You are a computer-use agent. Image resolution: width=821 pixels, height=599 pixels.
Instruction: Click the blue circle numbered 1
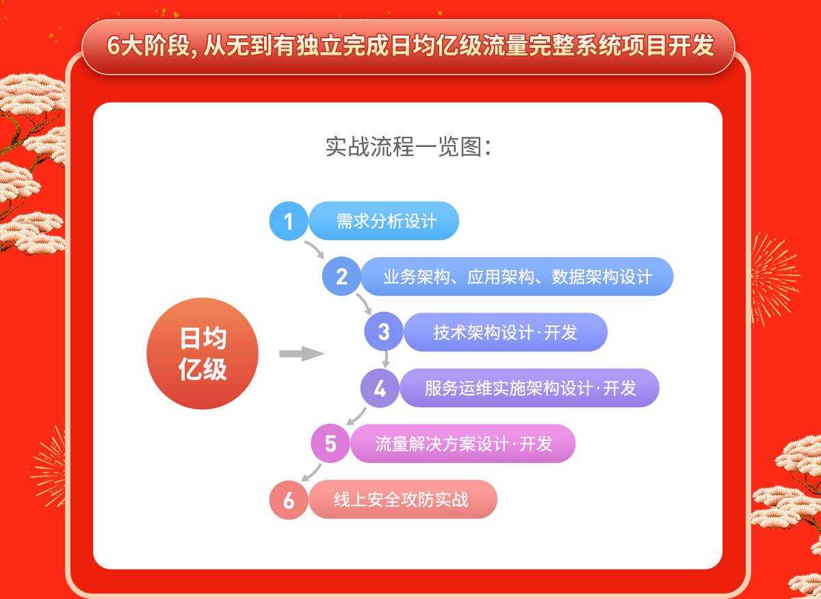tap(289, 221)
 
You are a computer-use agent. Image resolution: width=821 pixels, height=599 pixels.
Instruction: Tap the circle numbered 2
tap(341, 276)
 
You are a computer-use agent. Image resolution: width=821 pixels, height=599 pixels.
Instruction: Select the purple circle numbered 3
tap(384, 332)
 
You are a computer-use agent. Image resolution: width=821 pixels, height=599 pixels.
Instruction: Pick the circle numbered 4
tap(380, 388)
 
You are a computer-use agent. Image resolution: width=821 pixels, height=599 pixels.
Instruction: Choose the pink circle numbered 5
tap(330, 443)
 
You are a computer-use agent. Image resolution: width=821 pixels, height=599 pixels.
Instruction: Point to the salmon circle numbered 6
tap(289, 500)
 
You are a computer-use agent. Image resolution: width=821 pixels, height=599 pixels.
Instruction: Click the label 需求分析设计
tap(387, 222)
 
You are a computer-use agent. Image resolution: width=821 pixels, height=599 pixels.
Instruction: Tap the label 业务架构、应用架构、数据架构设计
tap(517, 277)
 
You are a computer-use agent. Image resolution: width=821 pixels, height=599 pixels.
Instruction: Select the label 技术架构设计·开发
tap(506, 332)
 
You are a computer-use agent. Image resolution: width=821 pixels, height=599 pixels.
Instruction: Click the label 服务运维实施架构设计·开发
tap(530, 388)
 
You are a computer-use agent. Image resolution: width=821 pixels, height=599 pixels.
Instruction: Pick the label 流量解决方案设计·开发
tap(463, 444)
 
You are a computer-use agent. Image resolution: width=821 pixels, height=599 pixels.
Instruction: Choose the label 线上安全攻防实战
tap(401, 499)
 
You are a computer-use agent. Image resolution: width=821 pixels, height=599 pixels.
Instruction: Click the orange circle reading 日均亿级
tap(203, 354)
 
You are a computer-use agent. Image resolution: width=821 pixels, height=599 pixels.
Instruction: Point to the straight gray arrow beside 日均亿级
tap(302, 354)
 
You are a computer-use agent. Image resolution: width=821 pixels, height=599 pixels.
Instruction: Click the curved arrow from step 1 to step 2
tap(315, 248)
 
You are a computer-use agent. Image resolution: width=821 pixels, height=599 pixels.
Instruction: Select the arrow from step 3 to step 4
tap(386, 359)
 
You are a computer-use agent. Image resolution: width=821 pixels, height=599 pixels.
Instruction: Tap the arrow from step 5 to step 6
tap(311, 473)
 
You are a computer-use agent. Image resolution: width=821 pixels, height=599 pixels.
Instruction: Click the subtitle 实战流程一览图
tap(408, 147)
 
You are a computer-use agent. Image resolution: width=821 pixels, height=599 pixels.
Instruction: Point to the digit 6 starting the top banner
tap(114, 46)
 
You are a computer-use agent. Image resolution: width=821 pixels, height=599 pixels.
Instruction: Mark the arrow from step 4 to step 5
tap(356, 416)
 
